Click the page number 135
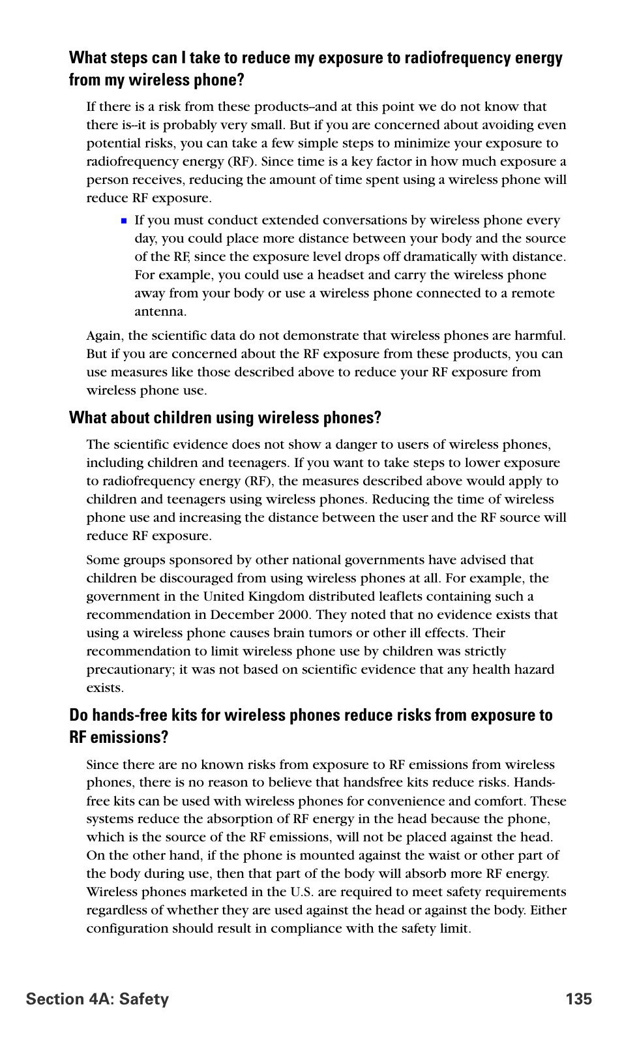coord(579,999)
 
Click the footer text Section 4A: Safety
coord(98,999)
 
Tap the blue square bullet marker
coord(124,221)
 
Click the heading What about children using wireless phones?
coord(225,418)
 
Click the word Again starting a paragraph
coord(104,336)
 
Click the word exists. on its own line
coord(105,687)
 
